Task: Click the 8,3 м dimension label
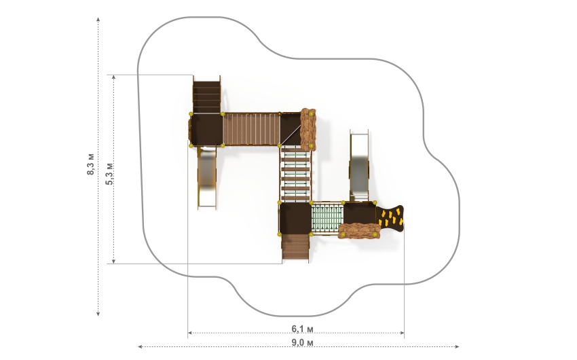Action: coord(90,164)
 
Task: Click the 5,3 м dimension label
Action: coord(109,173)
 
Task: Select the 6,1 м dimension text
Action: coord(303,328)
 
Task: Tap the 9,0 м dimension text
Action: coord(303,342)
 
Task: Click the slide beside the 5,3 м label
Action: coord(207,177)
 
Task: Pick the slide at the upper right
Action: coord(359,166)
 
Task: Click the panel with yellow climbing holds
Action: coord(390,218)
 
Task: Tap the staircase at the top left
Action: coord(206,94)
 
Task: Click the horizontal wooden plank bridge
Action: coord(251,129)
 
